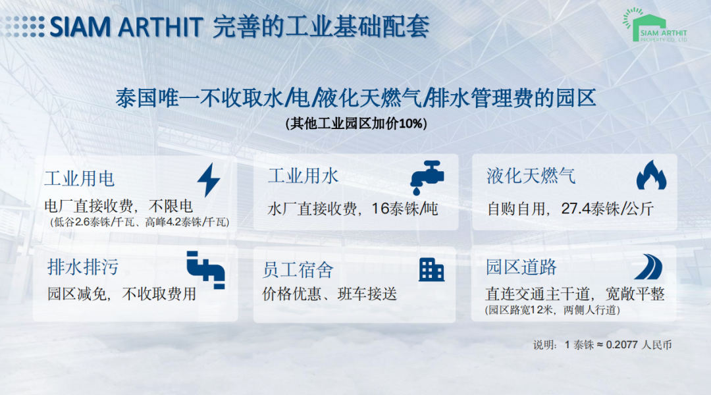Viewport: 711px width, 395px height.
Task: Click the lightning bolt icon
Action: (x=209, y=180)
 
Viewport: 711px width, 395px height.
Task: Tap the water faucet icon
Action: (x=427, y=177)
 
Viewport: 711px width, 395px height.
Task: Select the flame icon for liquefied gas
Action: (x=651, y=175)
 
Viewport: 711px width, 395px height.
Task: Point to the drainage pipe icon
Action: (x=206, y=270)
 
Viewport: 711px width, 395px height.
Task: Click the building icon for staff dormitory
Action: (x=431, y=270)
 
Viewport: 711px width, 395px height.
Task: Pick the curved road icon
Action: (x=648, y=267)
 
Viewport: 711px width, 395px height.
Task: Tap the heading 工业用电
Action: (x=80, y=178)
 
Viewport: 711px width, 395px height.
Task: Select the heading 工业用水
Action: (x=303, y=176)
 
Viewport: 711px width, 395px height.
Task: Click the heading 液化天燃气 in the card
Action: (x=531, y=176)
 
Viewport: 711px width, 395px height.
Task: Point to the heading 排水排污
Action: (x=83, y=267)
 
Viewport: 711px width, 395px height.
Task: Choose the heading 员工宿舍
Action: (x=298, y=270)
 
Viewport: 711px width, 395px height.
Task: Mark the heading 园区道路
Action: (x=521, y=267)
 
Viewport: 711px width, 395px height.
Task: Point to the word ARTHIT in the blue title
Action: (x=160, y=27)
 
